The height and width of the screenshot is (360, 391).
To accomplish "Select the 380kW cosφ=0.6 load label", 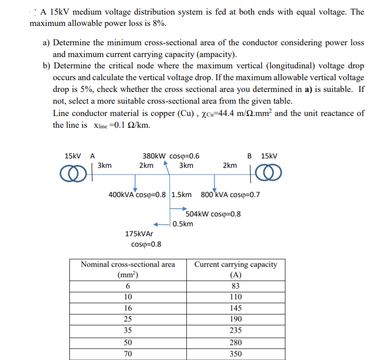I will pyautogui.click(x=170, y=156).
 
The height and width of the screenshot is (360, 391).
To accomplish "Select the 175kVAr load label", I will pyautogui.click(x=139, y=234).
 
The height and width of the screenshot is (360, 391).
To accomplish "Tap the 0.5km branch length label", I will pyautogui.click(x=183, y=224).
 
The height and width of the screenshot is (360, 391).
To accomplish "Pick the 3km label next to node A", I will pyautogui.click(x=104, y=165).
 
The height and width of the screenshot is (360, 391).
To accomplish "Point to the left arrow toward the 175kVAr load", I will pyautogui.click(x=160, y=224).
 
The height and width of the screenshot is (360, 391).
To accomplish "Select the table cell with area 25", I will pyautogui.click(x=127, y=319).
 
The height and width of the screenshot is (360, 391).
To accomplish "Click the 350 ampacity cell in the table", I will pyautogui.click(x=235, y=354).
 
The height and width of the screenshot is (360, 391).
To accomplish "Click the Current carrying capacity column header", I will pyautogui.click(x=235, y=270).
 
